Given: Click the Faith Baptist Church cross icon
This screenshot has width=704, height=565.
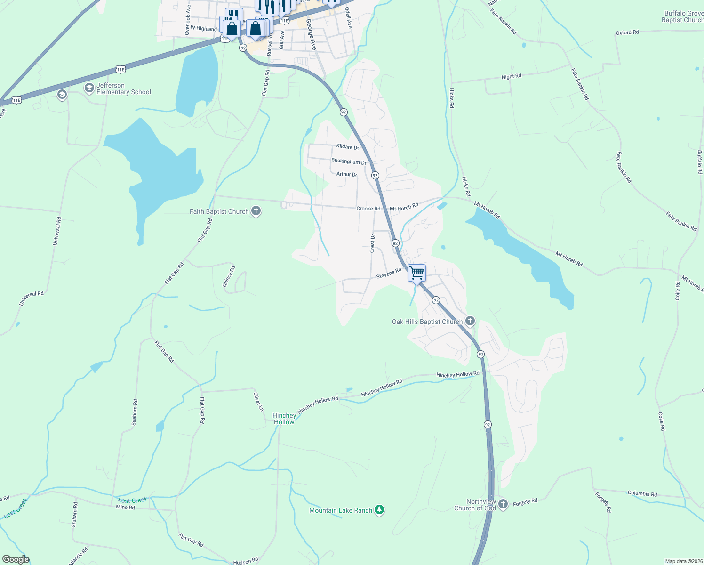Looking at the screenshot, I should tap(256, 211).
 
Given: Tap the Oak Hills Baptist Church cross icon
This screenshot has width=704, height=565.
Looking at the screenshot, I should tap(470, 321).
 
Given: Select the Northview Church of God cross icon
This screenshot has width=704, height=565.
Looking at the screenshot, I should tap(503, 504).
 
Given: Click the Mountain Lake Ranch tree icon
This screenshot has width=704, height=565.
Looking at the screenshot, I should tap(379, 510).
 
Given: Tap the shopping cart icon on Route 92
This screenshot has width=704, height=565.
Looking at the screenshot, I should tap(416, 273).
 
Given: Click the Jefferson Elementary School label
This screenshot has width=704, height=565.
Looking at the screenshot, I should tap(123, 89).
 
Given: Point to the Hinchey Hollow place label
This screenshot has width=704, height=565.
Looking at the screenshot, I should tap(284, 419).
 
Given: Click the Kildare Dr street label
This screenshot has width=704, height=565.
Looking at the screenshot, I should tap(347, 147).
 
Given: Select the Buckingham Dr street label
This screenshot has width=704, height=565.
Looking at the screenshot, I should tap(348, 161).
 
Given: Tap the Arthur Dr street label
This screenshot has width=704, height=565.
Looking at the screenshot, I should tap(346, 174).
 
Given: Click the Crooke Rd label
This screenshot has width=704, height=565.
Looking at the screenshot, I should tap(368, 208).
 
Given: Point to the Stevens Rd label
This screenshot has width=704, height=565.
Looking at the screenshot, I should tap(389, 273).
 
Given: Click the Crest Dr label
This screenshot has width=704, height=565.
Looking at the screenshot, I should tap(372, 243).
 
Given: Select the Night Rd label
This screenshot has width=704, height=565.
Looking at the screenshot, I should tap(511, 76).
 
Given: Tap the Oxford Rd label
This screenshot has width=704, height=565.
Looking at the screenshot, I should tap(627, 32).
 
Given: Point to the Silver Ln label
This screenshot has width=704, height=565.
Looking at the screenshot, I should tap(258, 402).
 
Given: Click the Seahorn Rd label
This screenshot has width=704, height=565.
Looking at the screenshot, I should tap(135, 412).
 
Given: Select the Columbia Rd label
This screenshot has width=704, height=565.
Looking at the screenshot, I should tap(642, 493).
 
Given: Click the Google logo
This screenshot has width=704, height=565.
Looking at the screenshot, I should tap(16, 559).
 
